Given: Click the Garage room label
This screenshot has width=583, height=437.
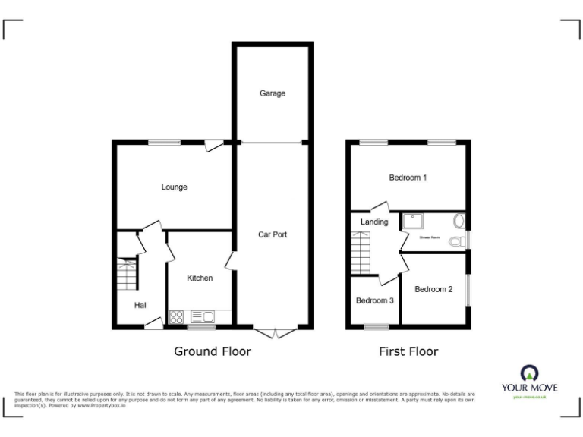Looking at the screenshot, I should pos(273,93).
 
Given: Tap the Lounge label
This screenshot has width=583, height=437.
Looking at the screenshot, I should pos(174,187).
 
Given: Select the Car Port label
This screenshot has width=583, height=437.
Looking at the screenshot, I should pos(273,234).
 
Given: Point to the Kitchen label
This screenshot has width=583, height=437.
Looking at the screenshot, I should pos(200,278).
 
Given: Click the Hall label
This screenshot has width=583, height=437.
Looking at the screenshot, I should pos(141,305).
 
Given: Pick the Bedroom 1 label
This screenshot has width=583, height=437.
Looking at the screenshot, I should pos(408,178).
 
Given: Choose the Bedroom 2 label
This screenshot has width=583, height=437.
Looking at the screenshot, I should pos(433,288).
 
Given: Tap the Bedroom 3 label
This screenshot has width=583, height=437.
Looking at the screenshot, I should pos(375,300).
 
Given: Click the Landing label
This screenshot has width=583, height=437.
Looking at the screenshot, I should pos(375,222).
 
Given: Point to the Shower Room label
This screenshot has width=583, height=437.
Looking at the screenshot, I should pos(430,237).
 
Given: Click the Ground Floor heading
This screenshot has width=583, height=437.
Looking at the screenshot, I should pos(213,351).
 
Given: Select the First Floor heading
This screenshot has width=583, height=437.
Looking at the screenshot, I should pos(408,351).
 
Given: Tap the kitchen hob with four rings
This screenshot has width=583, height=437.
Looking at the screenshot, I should pos(177,317).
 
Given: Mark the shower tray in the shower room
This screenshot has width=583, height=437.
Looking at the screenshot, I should pos(414,221).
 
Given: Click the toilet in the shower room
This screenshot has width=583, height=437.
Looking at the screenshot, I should pos(455,241).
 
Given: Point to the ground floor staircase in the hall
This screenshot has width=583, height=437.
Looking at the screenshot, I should pos(126,275).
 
